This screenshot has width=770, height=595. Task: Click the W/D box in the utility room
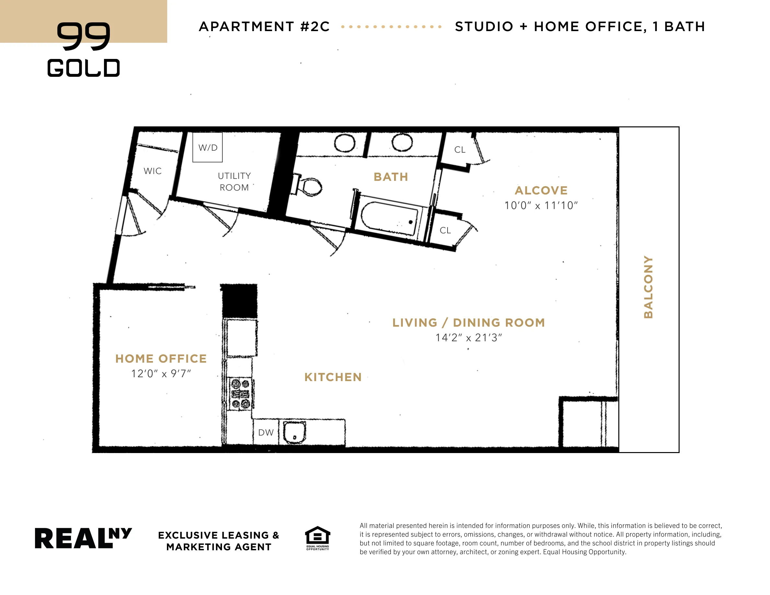[207, 147]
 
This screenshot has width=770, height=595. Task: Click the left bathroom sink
[344, 143]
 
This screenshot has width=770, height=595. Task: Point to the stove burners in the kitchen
[240, 394]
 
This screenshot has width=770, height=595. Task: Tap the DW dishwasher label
[266, 433]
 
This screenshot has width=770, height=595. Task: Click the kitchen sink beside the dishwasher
[294, 432]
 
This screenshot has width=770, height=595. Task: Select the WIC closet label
[153, 171]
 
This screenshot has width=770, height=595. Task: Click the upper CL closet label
[460, 150]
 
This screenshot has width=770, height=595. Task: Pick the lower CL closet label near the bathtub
[445, 230]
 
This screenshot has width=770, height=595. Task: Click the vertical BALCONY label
[648, 287]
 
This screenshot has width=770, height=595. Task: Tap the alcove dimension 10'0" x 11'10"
[541, 205]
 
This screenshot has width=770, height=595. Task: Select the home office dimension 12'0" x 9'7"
[161, 374]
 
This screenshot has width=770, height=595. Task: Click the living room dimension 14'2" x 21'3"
[469, 338]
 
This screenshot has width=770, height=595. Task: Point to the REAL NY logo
[83, 538]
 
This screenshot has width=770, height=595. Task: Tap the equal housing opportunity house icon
[317, 536]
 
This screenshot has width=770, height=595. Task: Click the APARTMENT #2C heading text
[264, 27]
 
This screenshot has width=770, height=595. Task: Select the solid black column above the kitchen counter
[239, 301]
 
